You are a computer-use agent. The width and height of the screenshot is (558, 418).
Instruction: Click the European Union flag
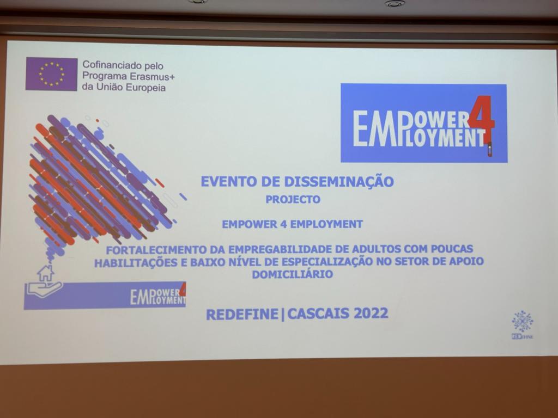tap(51, 74)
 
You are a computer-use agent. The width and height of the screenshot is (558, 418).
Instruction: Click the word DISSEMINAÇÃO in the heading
tap(339, 181)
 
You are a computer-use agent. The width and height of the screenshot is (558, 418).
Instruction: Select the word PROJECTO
tap(293, 199)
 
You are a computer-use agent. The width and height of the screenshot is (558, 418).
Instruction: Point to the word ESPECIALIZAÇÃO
tap(326, 262)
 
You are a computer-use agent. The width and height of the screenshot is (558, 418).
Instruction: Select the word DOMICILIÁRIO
tap(293, 274)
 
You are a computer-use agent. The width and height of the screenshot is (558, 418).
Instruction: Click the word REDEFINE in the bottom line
tap(242, 314)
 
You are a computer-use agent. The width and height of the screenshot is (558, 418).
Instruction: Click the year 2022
tap(371, 313)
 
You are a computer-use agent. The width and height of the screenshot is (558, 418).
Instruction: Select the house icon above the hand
tap(46, 273)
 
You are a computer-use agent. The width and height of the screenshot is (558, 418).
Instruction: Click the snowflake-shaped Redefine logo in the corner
tap(523, 322)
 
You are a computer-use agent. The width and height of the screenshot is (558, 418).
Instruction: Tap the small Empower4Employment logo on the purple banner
tap(158, 295)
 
